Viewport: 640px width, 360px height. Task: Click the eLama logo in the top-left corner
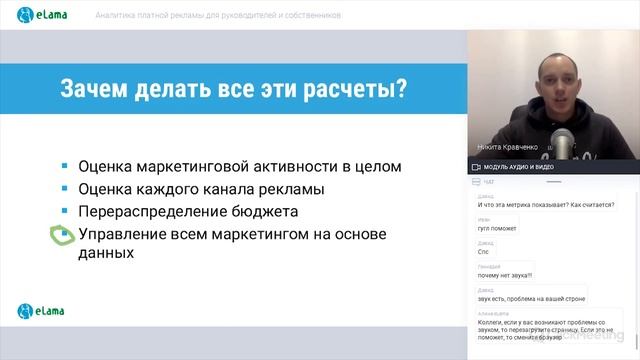tap(41, 16)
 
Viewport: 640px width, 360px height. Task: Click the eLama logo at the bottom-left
tap(40, 311)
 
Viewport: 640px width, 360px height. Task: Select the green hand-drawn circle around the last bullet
tap(62, 235)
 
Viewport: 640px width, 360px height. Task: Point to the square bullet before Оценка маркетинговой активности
tap(63, 166)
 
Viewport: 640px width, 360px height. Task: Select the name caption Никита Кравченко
tap(507, 146)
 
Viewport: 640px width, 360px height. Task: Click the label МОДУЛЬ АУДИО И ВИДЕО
tap(520, 166)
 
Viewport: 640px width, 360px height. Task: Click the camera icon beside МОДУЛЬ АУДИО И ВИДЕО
tap(476, 166)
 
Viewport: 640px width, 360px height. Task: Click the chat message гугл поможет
tap(496, 229)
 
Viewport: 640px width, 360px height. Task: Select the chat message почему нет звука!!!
tap(505, 275)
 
